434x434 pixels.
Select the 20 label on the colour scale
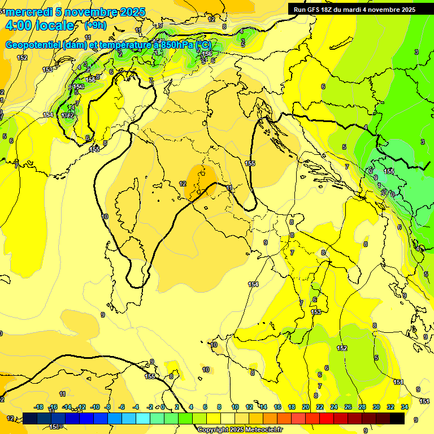pos(306,407)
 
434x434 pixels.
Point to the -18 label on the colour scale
pos(38,407)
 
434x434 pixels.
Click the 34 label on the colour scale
pos(405,407)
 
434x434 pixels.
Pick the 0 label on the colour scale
pos(163,407)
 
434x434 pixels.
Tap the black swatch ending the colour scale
pos(397,418)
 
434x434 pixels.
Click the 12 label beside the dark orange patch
pos(183,184)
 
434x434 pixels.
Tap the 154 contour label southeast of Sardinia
pos(253,284)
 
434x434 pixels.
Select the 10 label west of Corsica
pos(105,216)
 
